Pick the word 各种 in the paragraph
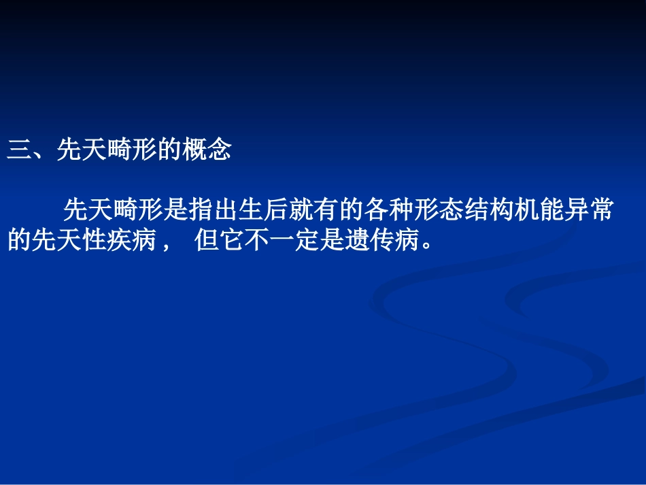[x=390, y=210]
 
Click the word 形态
[x=440, y=210]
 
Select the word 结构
[x=490, y=210]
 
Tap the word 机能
[x=540, y=210]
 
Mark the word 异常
[x=590, y=210]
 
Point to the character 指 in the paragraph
[x=201, y=210]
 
